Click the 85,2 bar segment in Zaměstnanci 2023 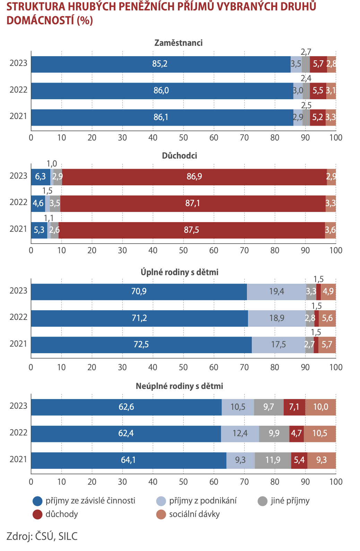160,64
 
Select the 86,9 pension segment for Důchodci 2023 194,177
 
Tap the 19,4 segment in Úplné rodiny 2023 276,291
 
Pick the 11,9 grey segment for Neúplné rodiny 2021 273,460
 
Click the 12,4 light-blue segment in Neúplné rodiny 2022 240,433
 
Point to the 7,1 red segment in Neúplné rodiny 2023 294,407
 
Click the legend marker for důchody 37,514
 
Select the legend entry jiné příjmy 290,501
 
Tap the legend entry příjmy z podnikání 203,501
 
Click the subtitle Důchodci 179,156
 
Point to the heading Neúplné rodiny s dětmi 179,386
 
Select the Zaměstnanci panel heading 178,43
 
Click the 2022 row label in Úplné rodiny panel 18,317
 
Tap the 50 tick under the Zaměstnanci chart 183,138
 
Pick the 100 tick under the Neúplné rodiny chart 335,482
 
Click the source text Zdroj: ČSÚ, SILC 42,536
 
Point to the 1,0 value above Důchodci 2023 52,164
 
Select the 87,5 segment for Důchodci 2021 191,230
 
